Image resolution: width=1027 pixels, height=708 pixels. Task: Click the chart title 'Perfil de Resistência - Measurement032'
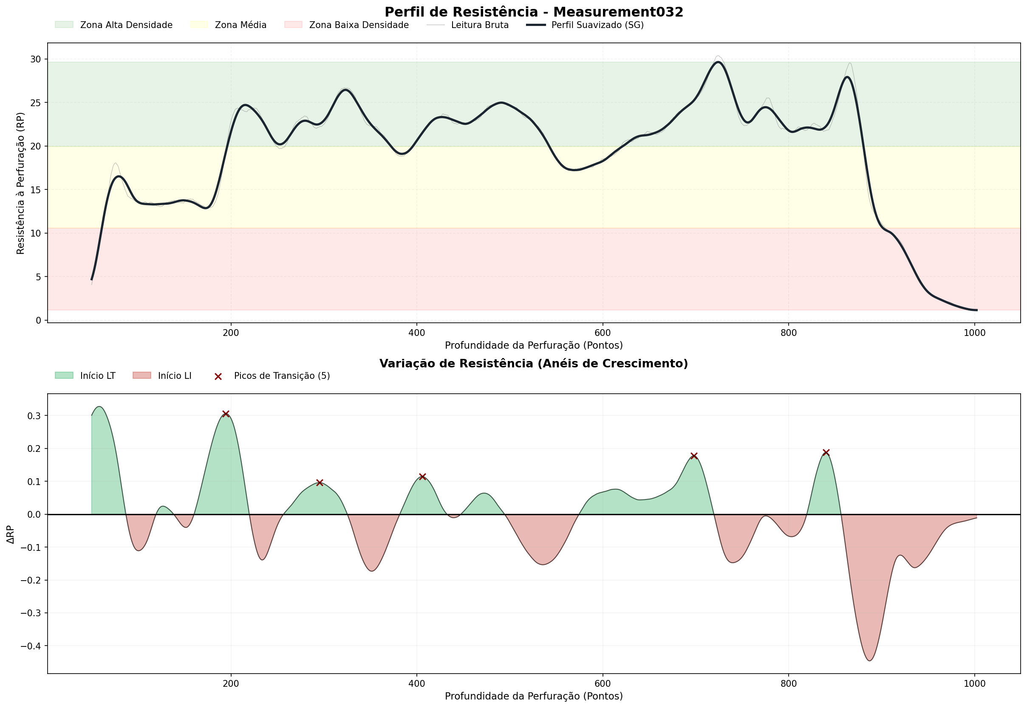[x=534, y=12]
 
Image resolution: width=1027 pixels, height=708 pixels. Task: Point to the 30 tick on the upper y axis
[x=36, y=59]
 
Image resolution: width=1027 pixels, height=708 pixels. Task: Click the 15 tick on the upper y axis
[x=36, y=190]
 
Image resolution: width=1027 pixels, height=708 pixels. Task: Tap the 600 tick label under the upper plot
[x=602, y=333]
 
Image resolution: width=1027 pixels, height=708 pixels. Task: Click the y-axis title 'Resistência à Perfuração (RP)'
[x=20, y=183]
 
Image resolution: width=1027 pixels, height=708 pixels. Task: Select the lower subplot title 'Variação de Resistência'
[x=534, y=364]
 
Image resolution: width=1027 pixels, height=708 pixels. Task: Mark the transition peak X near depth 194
[x=226, y=414]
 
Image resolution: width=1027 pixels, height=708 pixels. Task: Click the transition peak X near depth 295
[x=320, y=482]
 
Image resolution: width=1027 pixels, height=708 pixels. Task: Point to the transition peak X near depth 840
[x=826, y=452]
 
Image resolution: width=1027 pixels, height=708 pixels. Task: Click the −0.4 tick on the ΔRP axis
[x=31, y=646]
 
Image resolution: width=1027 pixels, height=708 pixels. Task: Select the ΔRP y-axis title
[x=11, y=534]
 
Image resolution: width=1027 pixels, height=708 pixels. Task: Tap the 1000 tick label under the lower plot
[x=974, y=684]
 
